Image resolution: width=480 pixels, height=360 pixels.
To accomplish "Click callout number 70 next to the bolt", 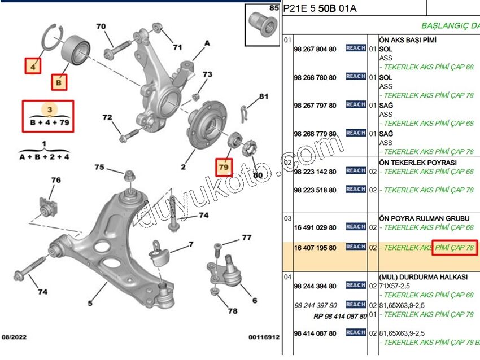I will [x=101, y=27].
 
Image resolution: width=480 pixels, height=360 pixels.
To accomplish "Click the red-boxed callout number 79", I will [x=224, y=168].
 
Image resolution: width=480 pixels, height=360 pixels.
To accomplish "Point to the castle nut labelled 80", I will [x=248, y=150].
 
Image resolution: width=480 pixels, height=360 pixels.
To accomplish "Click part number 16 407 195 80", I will [x=315, y=248].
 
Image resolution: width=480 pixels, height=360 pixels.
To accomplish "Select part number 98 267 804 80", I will [x=315, y=49].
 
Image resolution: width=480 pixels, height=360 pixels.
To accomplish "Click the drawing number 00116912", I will [x=264, y=337].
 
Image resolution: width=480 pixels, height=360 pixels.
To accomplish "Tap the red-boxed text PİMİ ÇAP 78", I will [x=455, y=247].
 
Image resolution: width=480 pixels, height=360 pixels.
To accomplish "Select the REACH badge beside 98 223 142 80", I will [x=356, y=170].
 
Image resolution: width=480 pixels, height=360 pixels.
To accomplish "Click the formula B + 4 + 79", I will [x=48, y=122].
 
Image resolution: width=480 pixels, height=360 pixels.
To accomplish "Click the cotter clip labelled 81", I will [x=244, y=113].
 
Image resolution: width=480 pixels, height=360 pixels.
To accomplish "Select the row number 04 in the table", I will [x=287, y=277].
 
